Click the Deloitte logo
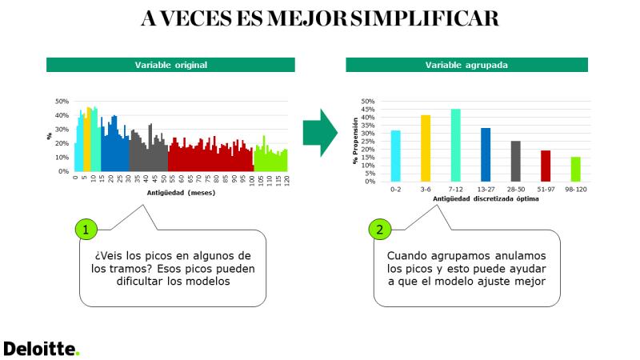(42, 349)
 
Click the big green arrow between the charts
(321, 133)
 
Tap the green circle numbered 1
(86, 230)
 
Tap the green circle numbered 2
(380, 230)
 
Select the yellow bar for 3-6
(426, 148)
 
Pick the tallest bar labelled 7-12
(455, 146)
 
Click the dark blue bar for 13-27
(486, 154)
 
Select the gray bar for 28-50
(516, 162)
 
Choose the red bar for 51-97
(546, 166)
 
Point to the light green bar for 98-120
(575, 170)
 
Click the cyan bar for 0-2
(395, 156)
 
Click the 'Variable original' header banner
(170, 65)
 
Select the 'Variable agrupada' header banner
(466, 65)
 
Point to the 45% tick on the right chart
(367, 110)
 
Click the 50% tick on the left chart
(62, 102)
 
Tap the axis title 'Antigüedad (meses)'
(181, 193)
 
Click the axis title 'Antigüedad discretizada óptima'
(486, 198)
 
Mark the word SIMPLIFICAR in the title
(425, 18)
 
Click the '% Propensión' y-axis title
(355, 141)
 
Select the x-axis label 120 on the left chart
(287, 180)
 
